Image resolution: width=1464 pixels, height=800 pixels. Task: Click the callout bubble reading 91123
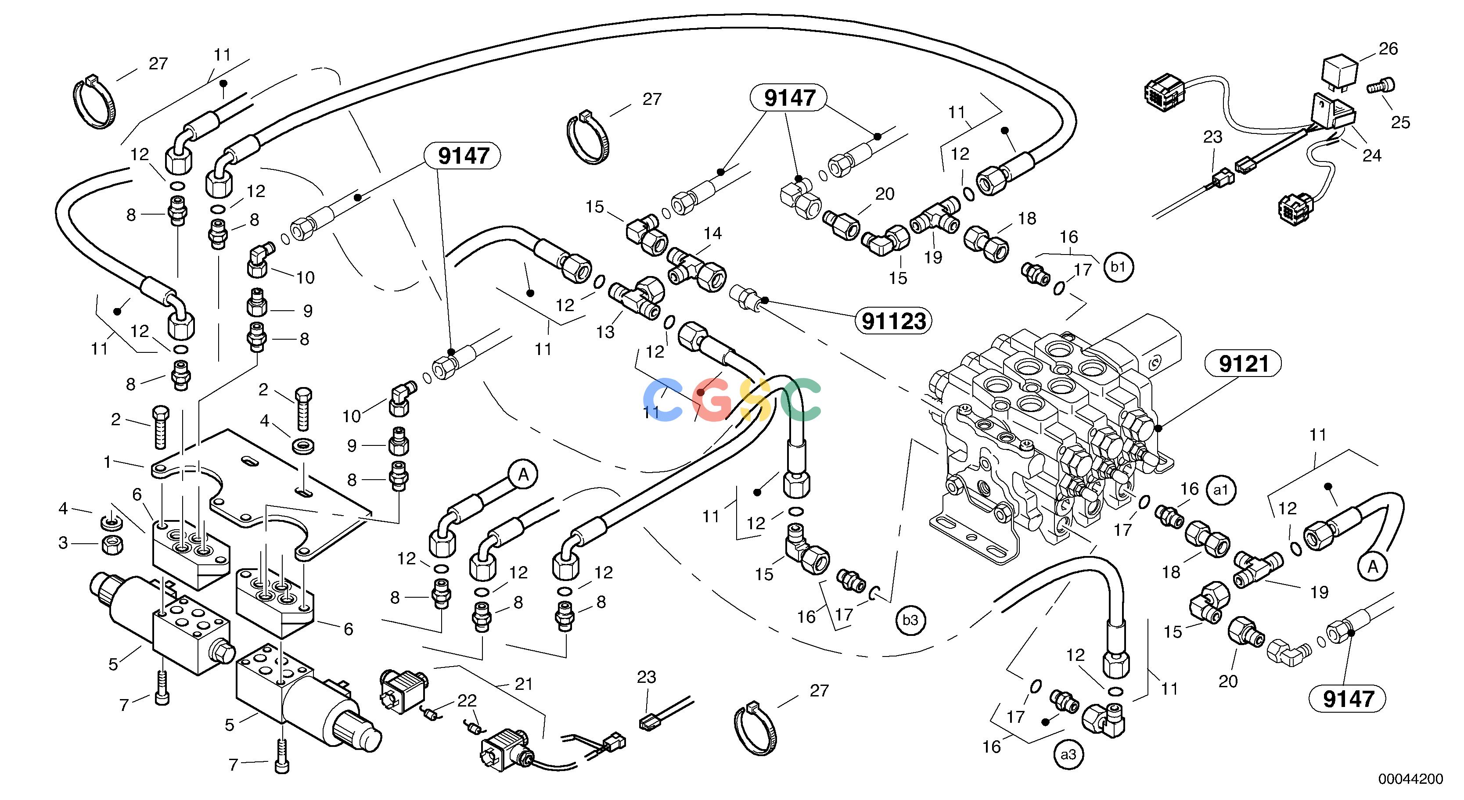tap(894, 322)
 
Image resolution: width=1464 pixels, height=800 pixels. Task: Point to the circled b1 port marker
tap(1118, 268)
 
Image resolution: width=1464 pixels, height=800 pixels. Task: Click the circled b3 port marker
tap(910, 620)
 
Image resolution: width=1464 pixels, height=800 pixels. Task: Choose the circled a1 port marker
tap(1221, 490)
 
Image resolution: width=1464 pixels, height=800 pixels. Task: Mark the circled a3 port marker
tap(1068, 754)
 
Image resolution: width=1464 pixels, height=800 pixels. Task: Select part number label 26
tap(1388, 49)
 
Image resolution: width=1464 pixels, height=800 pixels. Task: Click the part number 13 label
tap(605, 332)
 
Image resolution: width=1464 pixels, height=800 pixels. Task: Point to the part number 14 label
tap(712, 233)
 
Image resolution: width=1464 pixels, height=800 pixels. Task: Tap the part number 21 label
tap(523, 684)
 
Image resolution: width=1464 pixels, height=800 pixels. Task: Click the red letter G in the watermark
tap(714, 401)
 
